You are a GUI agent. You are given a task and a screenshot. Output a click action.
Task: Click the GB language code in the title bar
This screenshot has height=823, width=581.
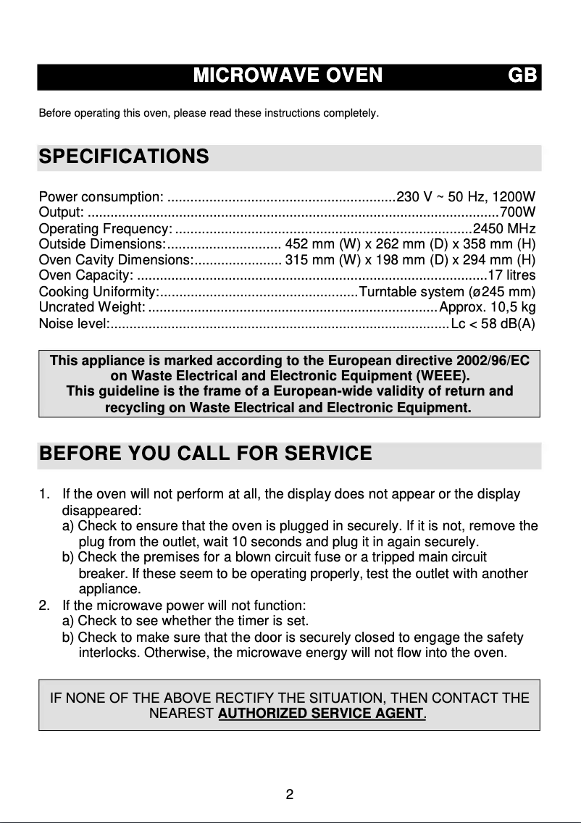click(x=522, y=76)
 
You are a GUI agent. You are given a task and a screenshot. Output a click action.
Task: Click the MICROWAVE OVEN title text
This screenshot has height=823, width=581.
click(x=288, y=76)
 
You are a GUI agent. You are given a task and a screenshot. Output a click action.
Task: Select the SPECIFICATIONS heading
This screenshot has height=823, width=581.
click(x=123, y=156)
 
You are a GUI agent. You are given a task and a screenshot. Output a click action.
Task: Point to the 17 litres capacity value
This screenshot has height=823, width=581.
click(x=511, y=275)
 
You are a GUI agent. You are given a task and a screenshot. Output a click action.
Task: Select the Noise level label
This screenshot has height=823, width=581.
click(x=72, y=323)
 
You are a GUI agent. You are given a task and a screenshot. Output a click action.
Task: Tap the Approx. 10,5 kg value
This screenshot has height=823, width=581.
click(x=487, y=307)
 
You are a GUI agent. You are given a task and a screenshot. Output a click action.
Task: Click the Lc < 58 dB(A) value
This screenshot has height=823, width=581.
click(x=493, y=323)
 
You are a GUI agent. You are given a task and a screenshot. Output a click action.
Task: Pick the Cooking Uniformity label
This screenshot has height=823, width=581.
click(x=99, y=291)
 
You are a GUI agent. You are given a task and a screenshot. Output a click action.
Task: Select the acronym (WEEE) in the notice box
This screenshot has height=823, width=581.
click(x=441, y=376)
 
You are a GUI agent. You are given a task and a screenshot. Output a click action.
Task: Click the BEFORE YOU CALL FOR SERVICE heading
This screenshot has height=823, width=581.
click(x=205, y=454)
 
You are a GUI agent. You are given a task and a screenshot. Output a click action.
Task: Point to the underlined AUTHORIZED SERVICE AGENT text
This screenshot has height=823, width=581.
click(x=321, y=713)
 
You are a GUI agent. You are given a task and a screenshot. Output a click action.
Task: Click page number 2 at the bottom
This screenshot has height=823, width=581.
click(x=289, y=795)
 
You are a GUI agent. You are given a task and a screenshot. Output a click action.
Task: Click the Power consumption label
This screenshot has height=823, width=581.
click(x=101, y=196)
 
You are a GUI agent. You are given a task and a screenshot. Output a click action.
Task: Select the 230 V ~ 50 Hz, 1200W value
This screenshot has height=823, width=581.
click(x=466, y=196)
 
